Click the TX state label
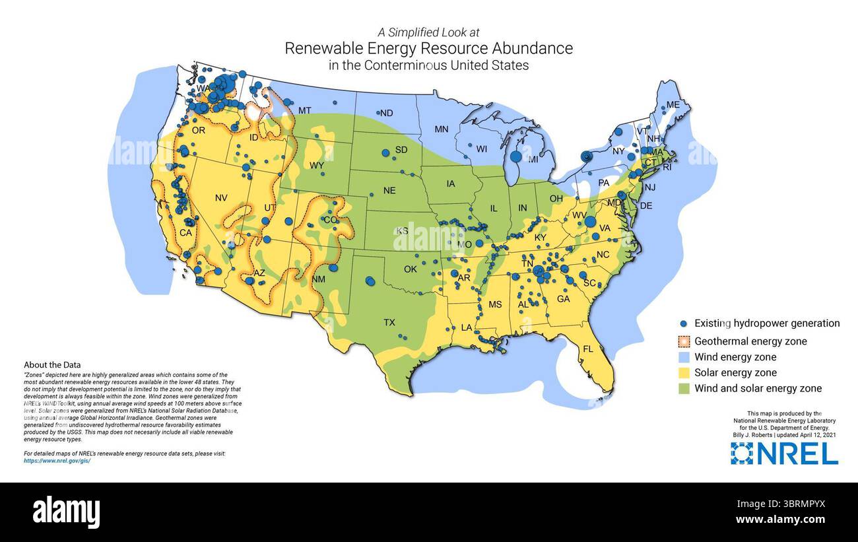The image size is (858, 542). [x=389, y=323]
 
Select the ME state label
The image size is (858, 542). [x=673, y=105]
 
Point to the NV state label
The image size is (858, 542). [x=221, y=197]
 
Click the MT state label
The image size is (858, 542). [x=305, y=110]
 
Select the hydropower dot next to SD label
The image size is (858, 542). [x=385, y=153]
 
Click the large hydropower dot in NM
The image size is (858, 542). [x=333, y=268]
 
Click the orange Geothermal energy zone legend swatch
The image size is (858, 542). [x=684, y=341]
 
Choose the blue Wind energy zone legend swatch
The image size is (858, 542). [x=684, y=357]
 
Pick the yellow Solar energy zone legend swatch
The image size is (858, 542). [x=684, y=373]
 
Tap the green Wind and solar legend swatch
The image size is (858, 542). [x=684, y=389]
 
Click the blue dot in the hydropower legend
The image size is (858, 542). [x=684, y=323]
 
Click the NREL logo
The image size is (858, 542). [x=783, y=454]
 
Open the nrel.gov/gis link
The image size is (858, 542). [x=57, y=461]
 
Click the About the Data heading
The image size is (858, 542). [x=52, y=364]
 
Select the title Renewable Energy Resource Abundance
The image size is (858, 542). [x=428, y=48]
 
